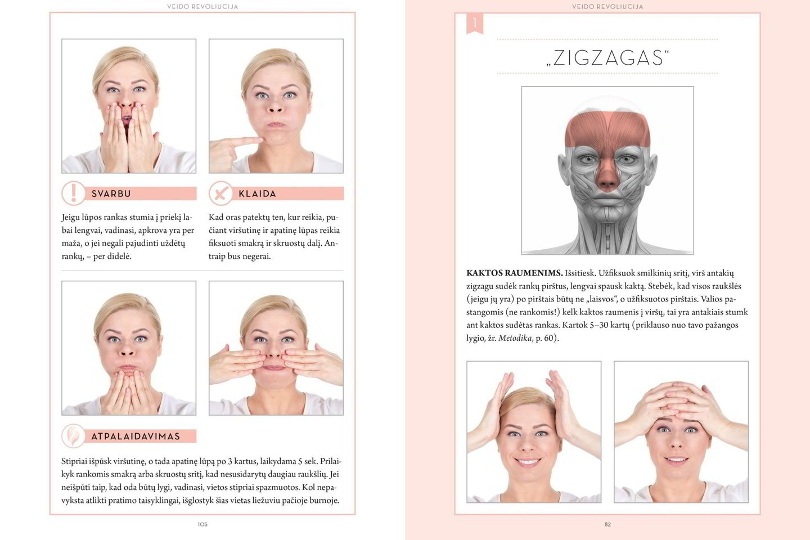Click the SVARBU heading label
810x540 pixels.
coord(111,194)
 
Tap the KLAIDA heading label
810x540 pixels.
coord(258,194)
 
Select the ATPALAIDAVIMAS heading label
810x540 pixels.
coord(136,436)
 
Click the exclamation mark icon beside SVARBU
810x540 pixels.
coord(73,193)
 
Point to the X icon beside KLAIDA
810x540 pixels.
coord(220,193)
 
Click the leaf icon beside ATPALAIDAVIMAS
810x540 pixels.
coord(73,436)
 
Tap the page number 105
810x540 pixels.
coord(202,524)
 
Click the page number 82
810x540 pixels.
coord(607,524)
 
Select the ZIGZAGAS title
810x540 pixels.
coord(607,58)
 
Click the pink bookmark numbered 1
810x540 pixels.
coord(475,24)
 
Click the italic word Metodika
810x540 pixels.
coord(515,338)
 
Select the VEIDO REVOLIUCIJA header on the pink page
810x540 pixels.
coord(607,7)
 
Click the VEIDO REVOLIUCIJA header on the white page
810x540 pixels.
coord(202,7)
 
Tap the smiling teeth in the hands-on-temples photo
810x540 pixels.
coord(528,461)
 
